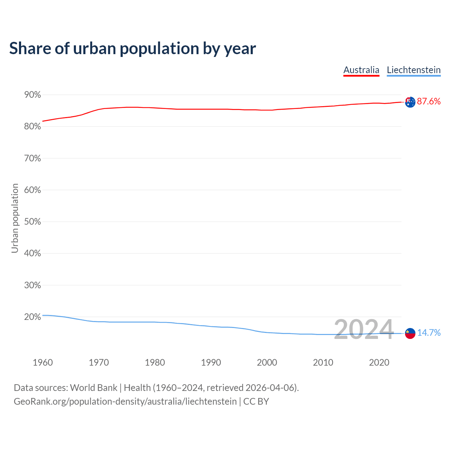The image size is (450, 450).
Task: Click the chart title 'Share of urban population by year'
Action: (x=133, y=49)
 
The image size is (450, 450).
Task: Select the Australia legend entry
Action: (x=361, y=70)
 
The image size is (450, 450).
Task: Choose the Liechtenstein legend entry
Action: (x=413, y=70)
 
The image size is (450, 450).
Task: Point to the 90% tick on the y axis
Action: (x=32, y=95)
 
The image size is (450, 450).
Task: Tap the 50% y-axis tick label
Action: (x=32, y=222)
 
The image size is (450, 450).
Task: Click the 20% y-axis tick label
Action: (x=32, y=317)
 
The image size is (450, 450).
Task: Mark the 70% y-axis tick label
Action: (x=32, y=159)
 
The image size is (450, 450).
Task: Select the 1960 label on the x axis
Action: (x=43, y=362)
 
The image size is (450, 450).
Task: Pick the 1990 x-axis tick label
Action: (x=211, y=362)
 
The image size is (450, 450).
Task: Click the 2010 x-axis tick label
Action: (x=323, y=362)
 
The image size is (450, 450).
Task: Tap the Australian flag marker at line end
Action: (x=410, y=102)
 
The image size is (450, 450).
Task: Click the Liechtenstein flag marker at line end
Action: (x=410, y=333)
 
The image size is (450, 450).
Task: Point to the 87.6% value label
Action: (x=429, y=102)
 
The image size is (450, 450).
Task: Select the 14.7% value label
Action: (x=429, y=333)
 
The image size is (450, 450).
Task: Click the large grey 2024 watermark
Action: (x=364, y=330)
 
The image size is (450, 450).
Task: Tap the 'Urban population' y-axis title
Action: (x=15, y=218)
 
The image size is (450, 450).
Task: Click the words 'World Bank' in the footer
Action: (x=94, y=388)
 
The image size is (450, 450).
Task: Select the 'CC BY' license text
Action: (x=256, y=401)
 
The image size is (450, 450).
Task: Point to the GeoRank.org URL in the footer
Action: (x=125, y=401)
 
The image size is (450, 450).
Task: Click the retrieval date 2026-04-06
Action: (x=269, y=388)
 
